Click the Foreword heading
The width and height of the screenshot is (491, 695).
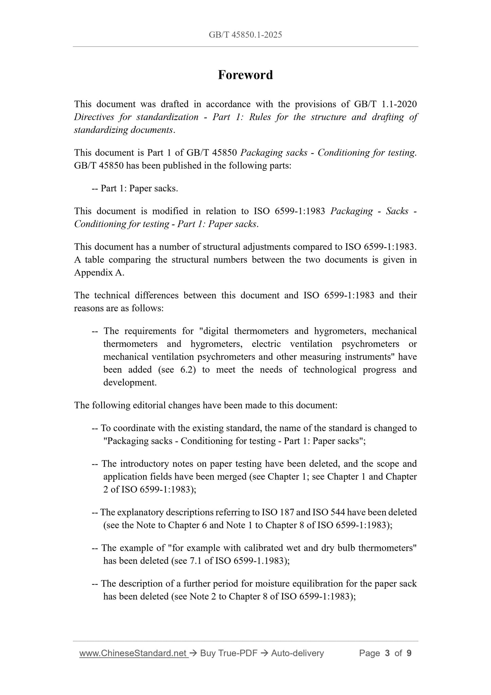point(245,75)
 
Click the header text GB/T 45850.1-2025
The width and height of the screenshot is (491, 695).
point(245,35)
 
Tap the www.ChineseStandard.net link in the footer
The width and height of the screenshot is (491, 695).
point(134,653)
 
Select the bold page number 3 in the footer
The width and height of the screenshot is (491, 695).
point(387,653)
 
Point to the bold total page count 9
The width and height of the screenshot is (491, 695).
point(409,653)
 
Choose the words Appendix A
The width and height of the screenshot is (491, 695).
point(99,273)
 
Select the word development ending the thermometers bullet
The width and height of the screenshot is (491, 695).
point(130,383)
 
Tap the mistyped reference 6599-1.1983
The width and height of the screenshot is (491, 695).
point(259,561)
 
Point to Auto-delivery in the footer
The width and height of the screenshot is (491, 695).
point(297,653)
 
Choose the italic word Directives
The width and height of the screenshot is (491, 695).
point(94,117)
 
